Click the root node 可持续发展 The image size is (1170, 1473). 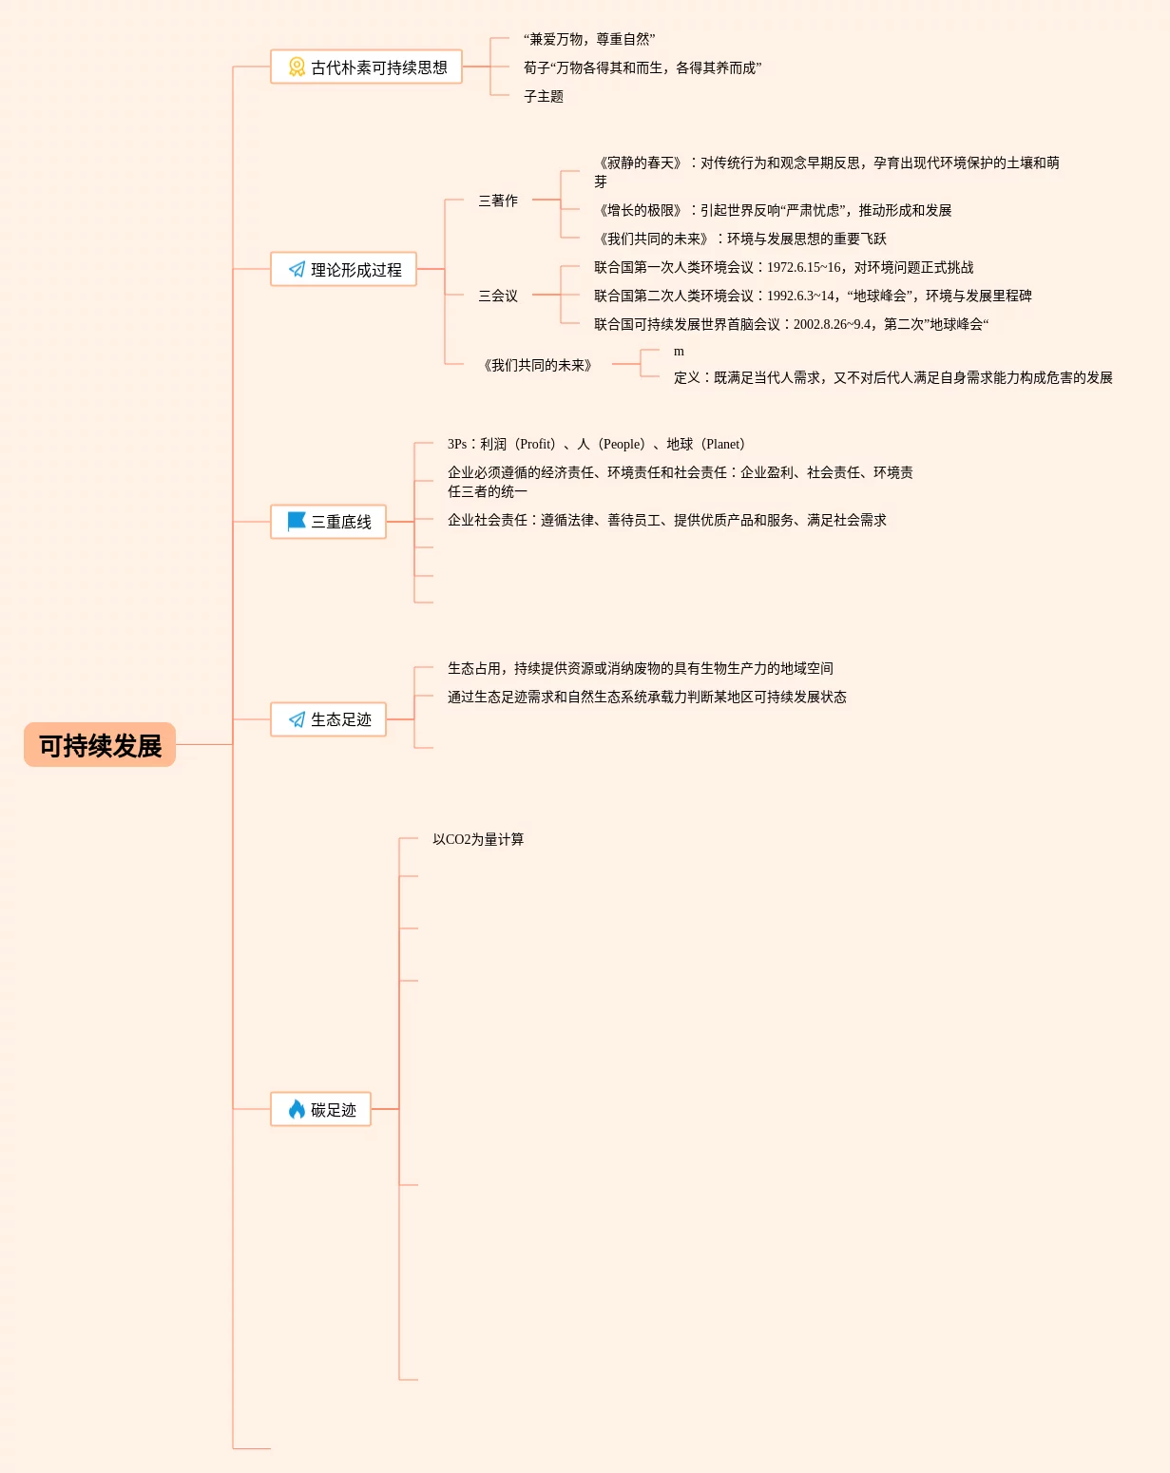pyautogui.click(x=100, y=745)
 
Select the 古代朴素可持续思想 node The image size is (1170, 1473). pyautogui.click(x=366, y=67)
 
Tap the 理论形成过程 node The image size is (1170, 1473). pyautogui.click(x=343, y=270)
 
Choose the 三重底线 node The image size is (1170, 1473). pyautogui.click(x=328, y=522)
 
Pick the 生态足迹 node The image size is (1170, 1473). pyautogui.click(x=328, y=719)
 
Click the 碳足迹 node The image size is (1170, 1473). pyautogui.click(x=320, y=1109)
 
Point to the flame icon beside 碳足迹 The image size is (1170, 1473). pyautogui.click(x=297, y=1109)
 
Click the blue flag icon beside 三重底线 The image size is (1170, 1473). pyautogui.click(x=297, y=521)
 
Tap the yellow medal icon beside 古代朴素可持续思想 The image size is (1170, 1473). pyautogui.click(x=297, y=67)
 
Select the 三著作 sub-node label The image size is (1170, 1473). pyautogui.click(x=498, y=201)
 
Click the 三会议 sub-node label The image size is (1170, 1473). pyautogui.click(x=498, y=296)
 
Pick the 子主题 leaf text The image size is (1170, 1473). pyautogui.click(x=544, y=96)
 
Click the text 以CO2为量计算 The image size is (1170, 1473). pyautogui.click(x=478, y=839)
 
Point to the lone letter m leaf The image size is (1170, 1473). pyautogui.click(x=679, y=352)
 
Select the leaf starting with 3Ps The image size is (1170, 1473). pyautogui.click(x=596, y=444)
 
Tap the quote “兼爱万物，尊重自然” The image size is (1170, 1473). pyautogui.click(x=589, y=39)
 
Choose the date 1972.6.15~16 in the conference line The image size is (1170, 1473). pyautogui.click(x=804, y=268)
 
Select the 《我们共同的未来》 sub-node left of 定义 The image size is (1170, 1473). pyautogui.click(x=538, y=365)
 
